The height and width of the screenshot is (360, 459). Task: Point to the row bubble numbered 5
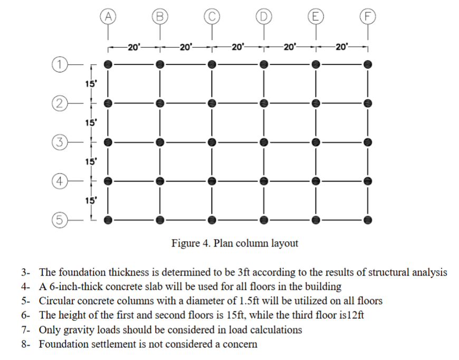(x=60, y=219)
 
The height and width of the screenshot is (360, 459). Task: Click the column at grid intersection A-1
(x=108, y=64)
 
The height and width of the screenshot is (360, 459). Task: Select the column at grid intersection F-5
(x=368, y=219)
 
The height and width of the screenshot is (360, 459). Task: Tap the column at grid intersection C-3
(x=212, y=142)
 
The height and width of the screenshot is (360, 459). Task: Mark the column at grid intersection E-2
(x=315, y=103)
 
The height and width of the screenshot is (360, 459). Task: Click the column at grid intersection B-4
(x=160, y=181)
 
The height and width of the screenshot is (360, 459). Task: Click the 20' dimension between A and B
(x=133, y=48)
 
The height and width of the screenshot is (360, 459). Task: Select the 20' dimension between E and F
(x=341, y=48)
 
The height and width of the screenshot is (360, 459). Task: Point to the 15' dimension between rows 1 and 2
(x=90, y=83)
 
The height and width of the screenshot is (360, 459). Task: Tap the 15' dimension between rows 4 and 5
(x=90, y=200)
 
